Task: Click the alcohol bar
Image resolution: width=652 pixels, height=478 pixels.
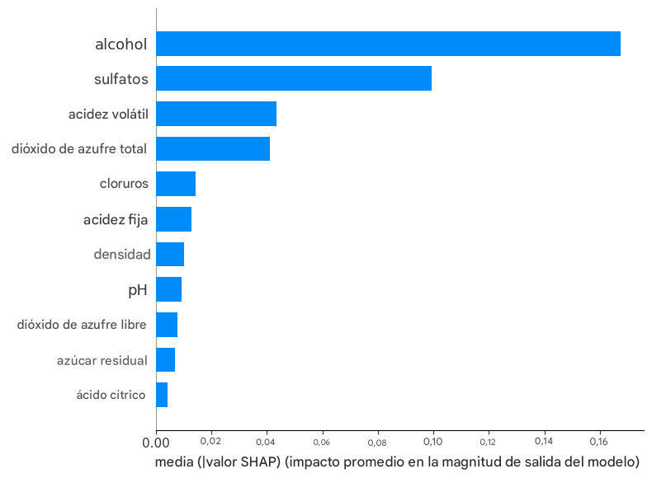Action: [388, 44]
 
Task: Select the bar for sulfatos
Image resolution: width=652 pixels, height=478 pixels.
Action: [294, 78]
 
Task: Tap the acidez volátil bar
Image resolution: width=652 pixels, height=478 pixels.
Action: [216, 114]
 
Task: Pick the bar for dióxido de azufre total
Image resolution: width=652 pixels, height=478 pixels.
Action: [213, 148]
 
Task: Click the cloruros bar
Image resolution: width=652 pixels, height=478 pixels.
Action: [176, 184]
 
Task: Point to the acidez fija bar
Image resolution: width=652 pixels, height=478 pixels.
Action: [173, 219]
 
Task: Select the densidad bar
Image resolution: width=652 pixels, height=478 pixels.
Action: [170, 255]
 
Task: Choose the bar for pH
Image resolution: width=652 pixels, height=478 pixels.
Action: [168, 289]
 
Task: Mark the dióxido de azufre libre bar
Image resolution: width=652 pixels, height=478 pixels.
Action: [167, 325]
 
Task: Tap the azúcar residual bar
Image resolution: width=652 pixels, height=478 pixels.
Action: [165, 360]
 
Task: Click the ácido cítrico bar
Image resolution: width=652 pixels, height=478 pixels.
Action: [162, 395]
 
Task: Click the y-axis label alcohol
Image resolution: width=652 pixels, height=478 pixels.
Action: [121, 45]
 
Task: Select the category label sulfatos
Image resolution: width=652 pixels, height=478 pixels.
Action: [120, 79]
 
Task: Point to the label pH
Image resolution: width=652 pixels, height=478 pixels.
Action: [137, 290]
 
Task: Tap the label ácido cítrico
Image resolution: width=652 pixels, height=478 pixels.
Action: [111, 396]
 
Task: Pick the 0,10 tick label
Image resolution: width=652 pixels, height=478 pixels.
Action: [433, 439]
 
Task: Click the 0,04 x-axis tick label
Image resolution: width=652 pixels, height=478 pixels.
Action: [267, 439]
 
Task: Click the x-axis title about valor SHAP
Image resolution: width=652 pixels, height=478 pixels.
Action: [398, 459]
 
